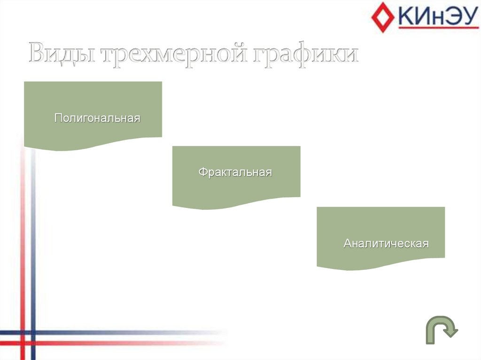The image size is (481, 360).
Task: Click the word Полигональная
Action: [97, 118]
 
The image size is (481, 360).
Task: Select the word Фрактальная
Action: [235, 172]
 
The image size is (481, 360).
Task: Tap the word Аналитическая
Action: [386, 244]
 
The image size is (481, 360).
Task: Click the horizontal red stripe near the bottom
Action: [117, 343]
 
